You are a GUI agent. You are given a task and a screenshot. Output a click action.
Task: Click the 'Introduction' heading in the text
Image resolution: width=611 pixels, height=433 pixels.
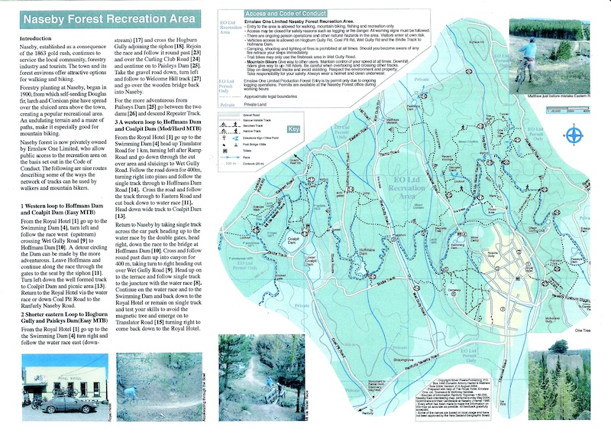39,38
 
